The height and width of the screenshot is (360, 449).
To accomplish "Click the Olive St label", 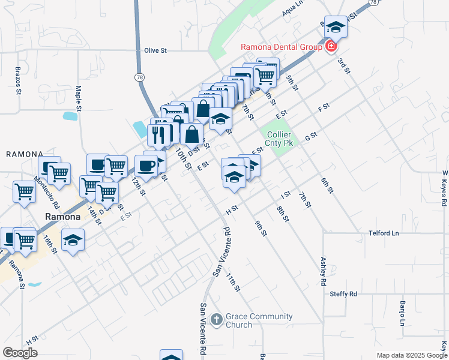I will pos(155,51).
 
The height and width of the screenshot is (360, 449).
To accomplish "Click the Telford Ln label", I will pos(384,233).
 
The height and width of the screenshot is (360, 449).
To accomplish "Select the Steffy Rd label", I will pos(343,293).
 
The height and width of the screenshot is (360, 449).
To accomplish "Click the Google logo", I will pos(20,353).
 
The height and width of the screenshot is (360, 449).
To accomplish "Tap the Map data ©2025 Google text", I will pos(412,355).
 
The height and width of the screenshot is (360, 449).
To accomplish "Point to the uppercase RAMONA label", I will pos(25,154).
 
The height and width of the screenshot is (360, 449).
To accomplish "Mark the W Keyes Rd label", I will pos(445,188).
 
